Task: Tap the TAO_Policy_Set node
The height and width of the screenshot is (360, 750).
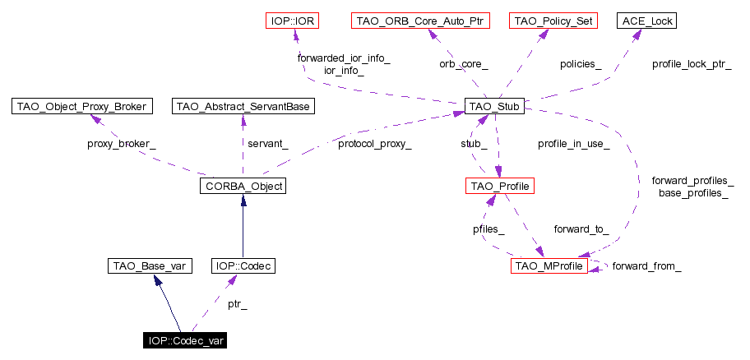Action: (x=552, y=20)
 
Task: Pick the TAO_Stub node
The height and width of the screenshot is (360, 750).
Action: (x=494, y=106)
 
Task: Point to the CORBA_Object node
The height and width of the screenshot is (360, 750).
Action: (x=242, y=187)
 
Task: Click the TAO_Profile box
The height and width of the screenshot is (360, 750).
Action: (x=500, y=187)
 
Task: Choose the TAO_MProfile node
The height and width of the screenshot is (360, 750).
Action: (x=549, y=265)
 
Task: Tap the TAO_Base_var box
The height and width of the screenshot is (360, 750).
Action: (x=150, y=265)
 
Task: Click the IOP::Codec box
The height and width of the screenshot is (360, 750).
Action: (x=243, y=265)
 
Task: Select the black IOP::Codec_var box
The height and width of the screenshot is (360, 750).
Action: (x=186, y=340)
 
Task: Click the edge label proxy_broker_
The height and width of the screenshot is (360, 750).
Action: (x=121, y=144)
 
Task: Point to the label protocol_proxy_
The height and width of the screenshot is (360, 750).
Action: (x=374, y=144)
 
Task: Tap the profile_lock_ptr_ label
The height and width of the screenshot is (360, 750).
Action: (x=692, y=63)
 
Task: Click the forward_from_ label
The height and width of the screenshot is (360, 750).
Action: (x=646, y=265)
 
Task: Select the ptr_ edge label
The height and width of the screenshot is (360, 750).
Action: (x=238, y=305)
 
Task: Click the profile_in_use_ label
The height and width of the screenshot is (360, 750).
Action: (x=573, y=144)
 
